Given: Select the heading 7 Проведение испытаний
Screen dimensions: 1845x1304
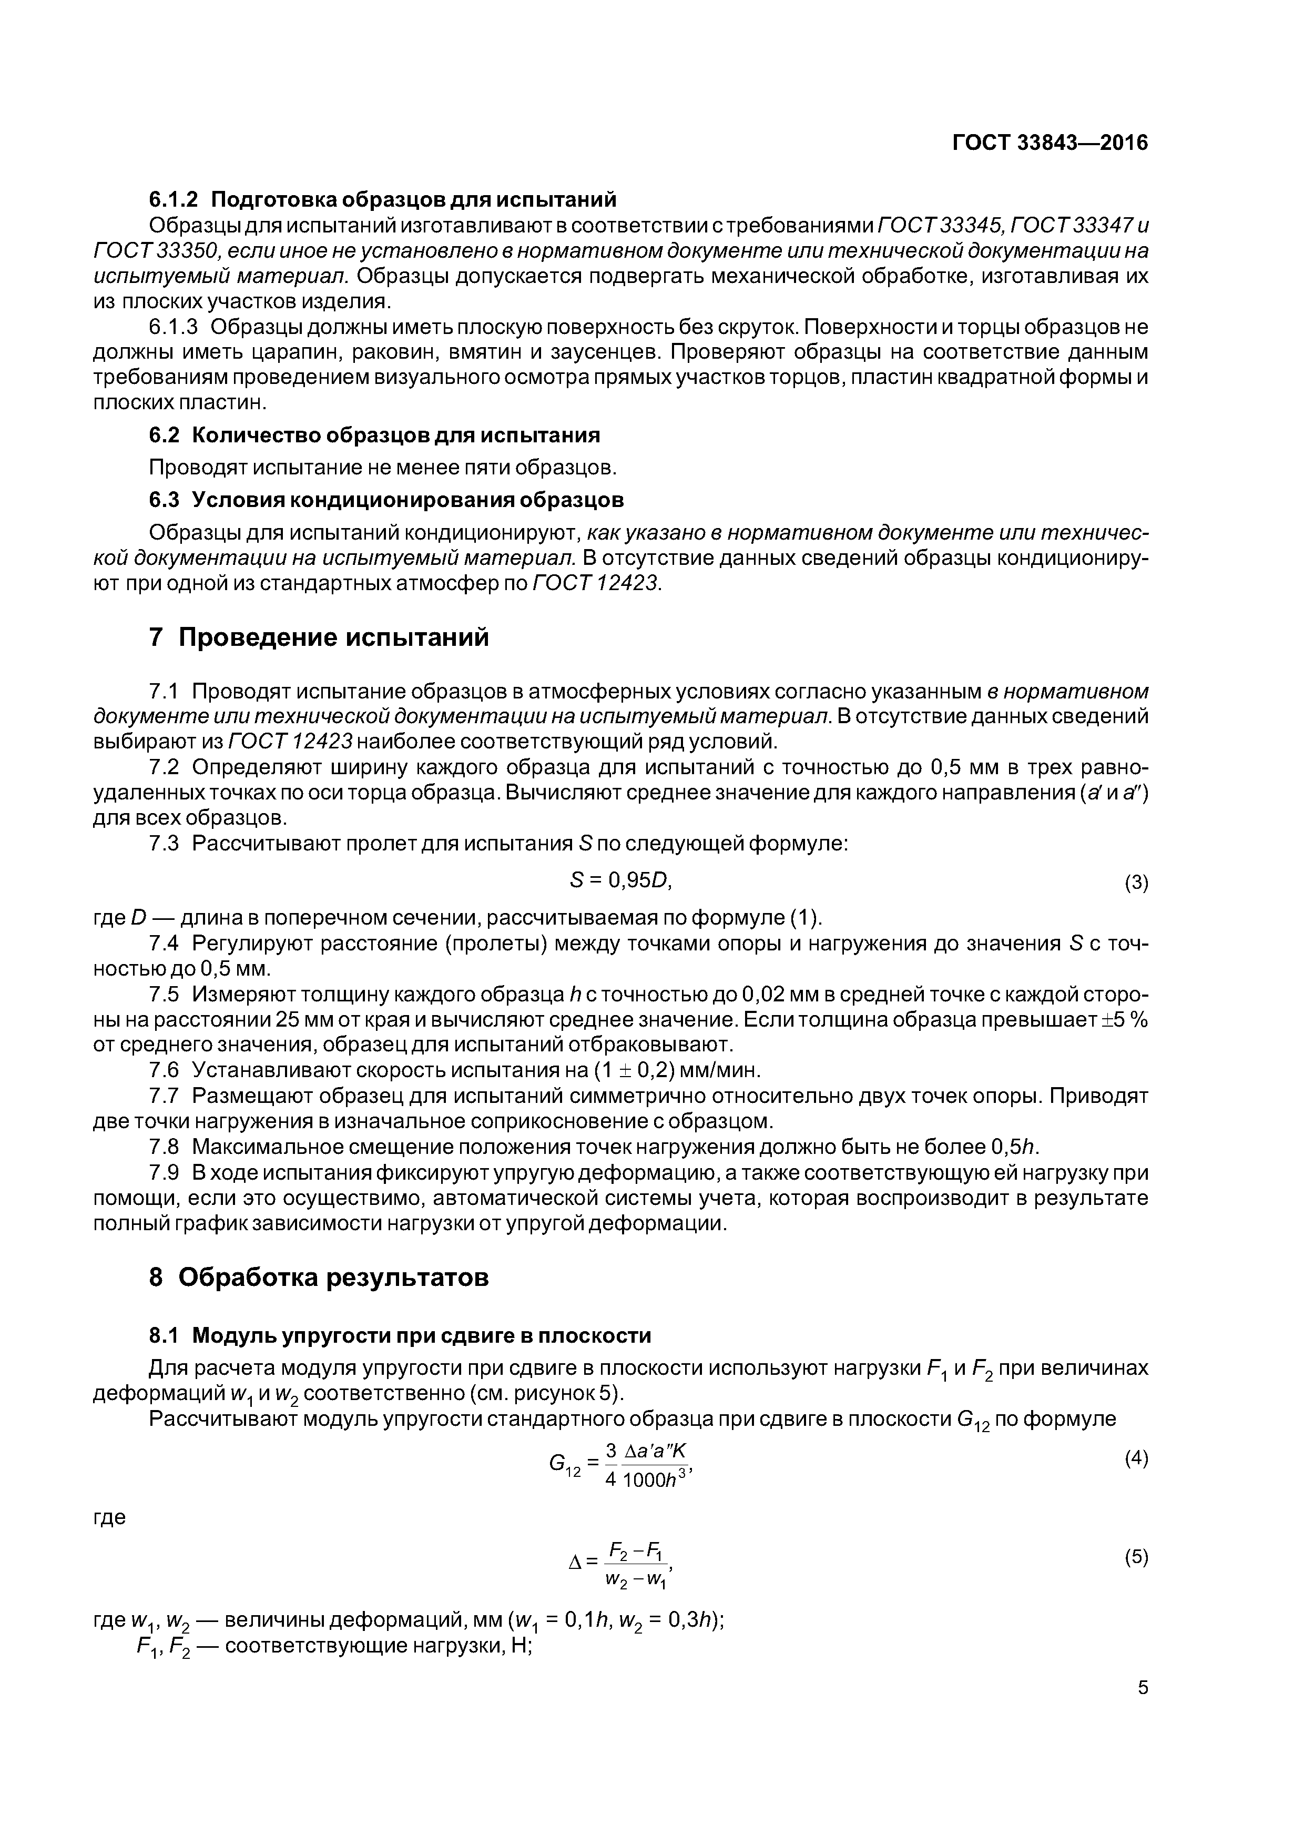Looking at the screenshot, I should pyautogui.click(x=319, y=637).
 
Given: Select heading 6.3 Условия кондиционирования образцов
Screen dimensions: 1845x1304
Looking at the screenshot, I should pyautogui.click(x=386, y=499).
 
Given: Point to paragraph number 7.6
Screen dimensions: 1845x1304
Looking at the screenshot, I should pyautogui.click(x=164, y=1070).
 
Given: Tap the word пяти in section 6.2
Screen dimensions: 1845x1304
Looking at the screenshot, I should pyautogui.click(x=484, y=467).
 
